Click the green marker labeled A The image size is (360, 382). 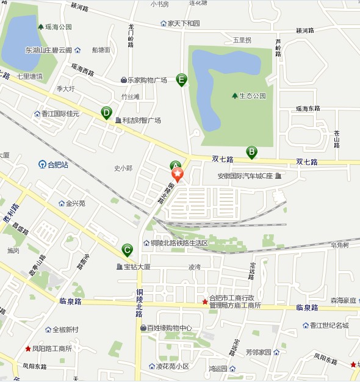175,165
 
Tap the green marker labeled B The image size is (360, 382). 251,151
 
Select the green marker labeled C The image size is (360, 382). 127,249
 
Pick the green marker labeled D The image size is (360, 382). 106,112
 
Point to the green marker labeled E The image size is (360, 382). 181,79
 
